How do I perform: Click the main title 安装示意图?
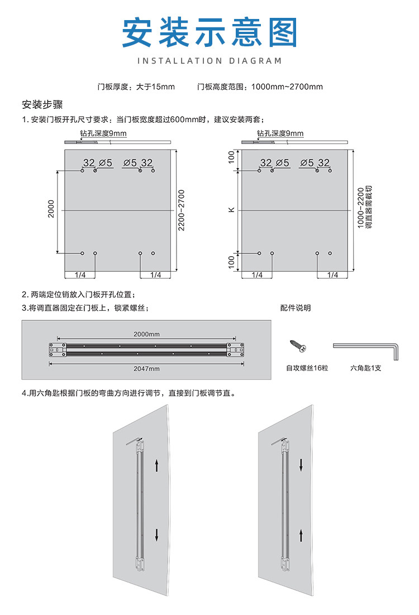209,32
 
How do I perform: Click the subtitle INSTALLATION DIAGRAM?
209,60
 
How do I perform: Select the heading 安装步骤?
42,104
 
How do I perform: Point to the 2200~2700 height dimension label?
180,210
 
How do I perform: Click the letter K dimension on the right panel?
231,210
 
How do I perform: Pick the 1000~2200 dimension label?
360,210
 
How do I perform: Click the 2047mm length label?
146,368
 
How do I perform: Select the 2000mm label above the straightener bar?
146,334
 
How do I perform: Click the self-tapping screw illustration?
297,346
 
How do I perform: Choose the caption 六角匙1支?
366,368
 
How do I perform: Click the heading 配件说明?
296,308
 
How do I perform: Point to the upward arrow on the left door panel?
157,465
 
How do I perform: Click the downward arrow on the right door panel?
302,465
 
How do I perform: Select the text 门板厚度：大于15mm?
136,87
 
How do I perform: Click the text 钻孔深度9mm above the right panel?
280,133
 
